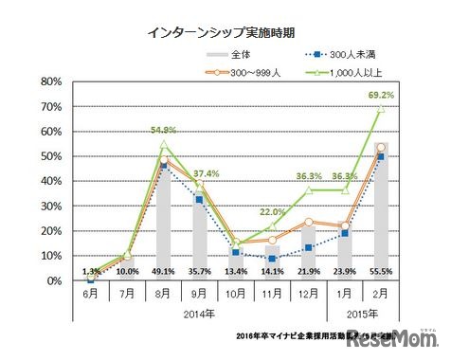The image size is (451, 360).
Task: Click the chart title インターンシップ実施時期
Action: click(225, 31)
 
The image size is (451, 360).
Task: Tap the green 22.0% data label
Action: click(272, 211)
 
